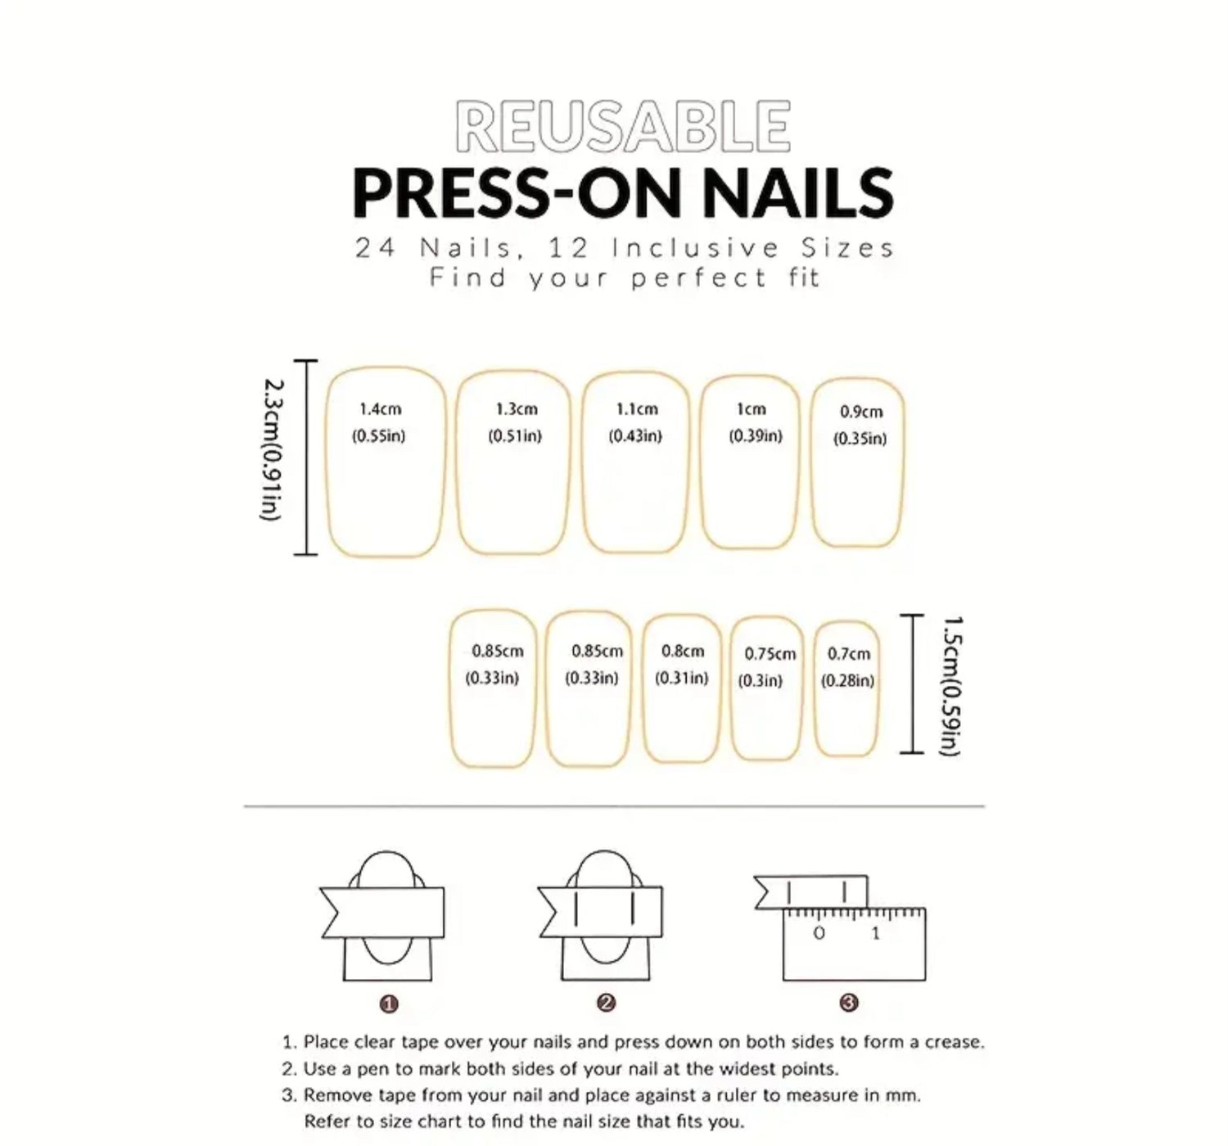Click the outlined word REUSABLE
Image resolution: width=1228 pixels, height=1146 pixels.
tap(623, 127)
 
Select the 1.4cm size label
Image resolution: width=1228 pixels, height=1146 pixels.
tap(381, 409)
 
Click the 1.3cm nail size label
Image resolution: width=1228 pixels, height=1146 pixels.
tap(517, 409)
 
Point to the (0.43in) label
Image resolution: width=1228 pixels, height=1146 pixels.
tap(635, 436)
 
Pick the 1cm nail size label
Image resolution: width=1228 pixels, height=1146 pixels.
tap(752, 409)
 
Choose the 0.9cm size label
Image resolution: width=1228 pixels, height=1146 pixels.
tap(860, 412)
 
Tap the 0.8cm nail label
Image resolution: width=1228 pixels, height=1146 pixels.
tap(683, 652)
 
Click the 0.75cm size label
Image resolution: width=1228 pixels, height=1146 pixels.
tap(770, 654)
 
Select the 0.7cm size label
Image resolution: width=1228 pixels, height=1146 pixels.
tap(848, 654)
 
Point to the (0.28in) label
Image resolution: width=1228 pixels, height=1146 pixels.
tap(847, 681)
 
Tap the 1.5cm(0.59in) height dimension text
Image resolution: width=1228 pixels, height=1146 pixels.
tap(951, 686)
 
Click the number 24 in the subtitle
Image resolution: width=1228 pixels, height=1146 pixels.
tap(375, 249)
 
